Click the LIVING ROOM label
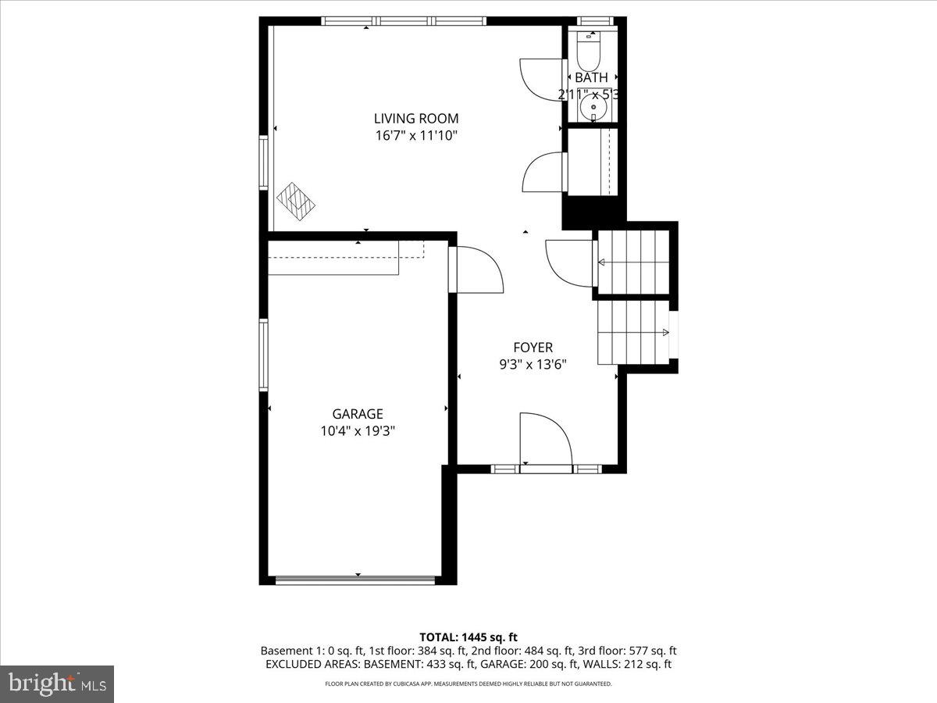(x=415, y=119)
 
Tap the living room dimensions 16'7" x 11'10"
(x=415, y=136)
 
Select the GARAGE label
(x=358, y=414)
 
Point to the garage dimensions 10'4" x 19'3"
(x=358, y=431)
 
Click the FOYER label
(x=533, y=348)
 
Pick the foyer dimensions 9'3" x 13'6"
(x=533, y=364)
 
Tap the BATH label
(x=591, y=78)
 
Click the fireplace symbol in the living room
(x=297, y=199)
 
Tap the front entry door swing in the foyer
(x=544, y=441)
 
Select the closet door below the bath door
(x=543, y=173)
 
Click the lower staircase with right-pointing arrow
(x=633, y=333)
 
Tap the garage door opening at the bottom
(x=356, y=580)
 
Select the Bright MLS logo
(x=57, y=684)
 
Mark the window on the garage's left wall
(x=264, y=355)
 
